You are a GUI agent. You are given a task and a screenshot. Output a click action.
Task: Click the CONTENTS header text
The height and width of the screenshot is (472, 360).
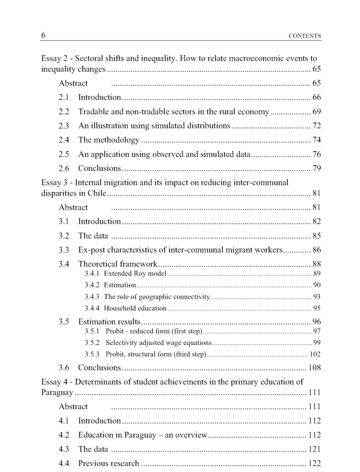click(305, 36)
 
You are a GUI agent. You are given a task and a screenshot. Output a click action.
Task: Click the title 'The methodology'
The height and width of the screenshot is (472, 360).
click(109, 139)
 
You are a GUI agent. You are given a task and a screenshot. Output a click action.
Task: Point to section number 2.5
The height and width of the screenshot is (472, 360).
click(64, 154)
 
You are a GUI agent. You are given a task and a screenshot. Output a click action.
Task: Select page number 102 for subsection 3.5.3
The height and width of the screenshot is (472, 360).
click(315, 354)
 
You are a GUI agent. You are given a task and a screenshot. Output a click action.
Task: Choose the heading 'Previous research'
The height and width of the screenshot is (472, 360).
click(109, 463)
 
